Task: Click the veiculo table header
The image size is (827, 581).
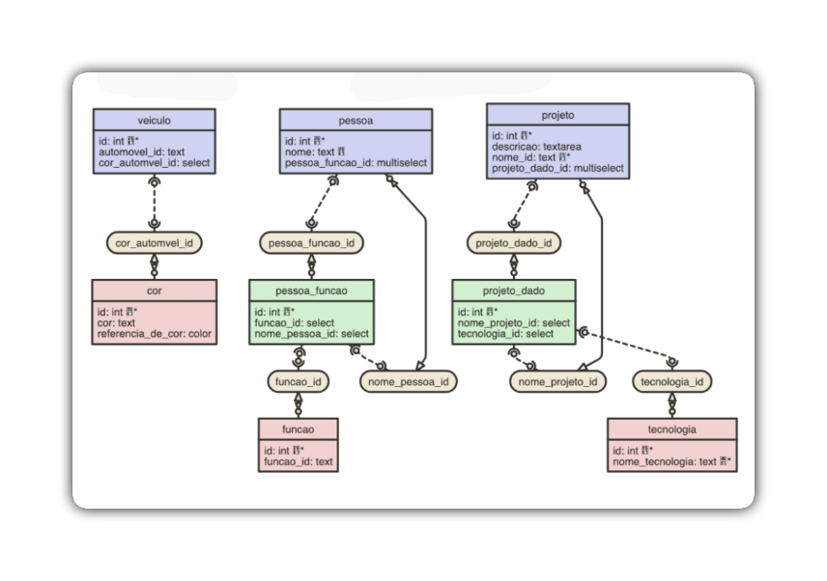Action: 154,120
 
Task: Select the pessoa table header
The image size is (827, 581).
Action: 356,120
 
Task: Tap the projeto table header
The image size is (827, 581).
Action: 557,115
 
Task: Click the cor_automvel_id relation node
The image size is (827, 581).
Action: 154,243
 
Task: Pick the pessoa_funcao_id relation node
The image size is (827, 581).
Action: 311,243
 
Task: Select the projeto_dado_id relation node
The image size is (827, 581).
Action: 513,243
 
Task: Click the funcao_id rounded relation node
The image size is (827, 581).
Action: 299,381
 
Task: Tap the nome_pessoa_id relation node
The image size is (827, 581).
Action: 409,381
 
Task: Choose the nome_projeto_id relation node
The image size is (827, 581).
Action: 557,381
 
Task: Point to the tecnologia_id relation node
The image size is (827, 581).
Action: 672,381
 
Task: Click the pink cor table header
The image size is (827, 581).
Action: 154,290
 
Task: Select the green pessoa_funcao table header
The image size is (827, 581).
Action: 311,290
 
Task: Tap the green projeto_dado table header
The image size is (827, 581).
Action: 513,290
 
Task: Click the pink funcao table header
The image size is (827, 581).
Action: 299,429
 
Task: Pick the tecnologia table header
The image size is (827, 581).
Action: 672,429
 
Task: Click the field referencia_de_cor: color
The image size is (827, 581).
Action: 154,335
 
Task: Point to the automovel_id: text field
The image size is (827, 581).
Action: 141,152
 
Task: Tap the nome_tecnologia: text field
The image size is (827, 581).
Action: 667,461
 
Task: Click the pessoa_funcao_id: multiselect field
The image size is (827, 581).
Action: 355,163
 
